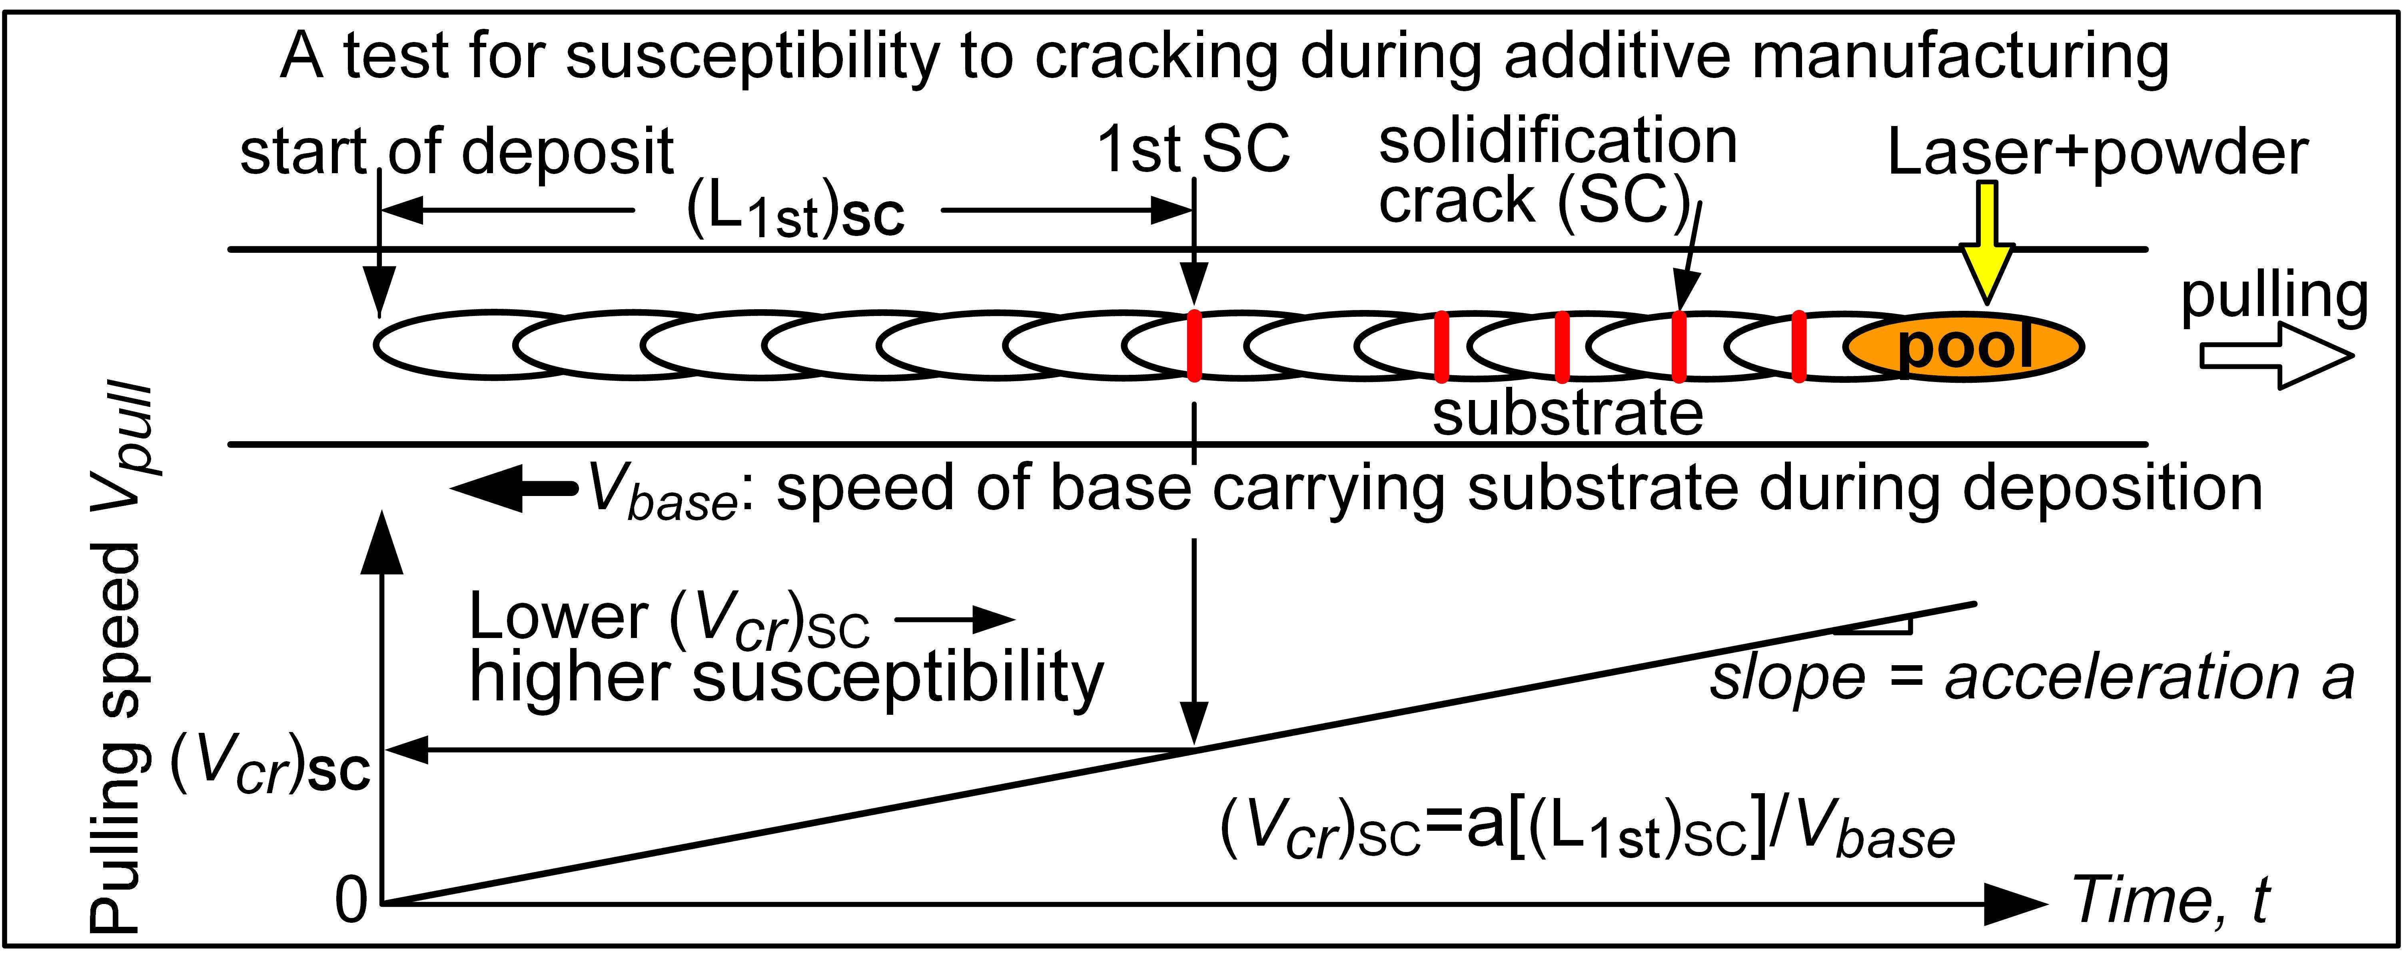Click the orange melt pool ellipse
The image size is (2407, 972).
pos(1962,346)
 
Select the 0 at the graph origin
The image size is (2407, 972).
pos(351,902)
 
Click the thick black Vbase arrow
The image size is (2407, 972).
pos(514,488)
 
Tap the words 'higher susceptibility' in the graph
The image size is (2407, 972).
pos(785,678)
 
